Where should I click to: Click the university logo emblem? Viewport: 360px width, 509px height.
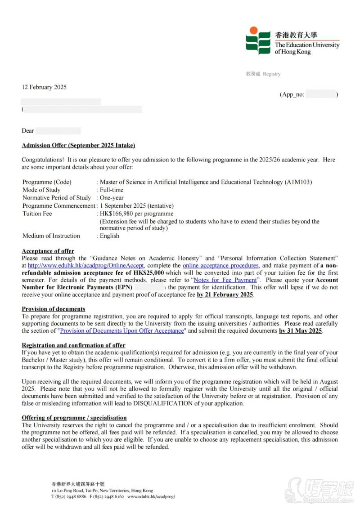[x=258, y=40]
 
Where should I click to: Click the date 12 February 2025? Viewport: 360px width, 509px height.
[x=44, y=87]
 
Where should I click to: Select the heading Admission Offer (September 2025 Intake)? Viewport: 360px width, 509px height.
[x=78, y=145]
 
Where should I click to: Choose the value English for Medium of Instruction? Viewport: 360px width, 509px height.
[x=109, y=236]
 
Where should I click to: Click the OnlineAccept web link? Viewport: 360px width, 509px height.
[x=85, y=266]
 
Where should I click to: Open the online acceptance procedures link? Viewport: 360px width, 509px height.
[x=220, y=266]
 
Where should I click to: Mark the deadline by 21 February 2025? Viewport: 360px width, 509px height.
[x=225, y=295]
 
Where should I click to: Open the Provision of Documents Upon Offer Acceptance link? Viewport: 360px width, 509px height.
[x=122, y=330]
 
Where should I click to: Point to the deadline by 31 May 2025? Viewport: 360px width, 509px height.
[x=301, y=330]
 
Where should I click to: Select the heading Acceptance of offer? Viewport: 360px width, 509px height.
[x=48, y=251]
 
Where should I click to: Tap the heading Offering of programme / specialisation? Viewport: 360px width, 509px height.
[x=74, y=418]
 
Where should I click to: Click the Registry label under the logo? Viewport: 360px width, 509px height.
[x=271, y=74]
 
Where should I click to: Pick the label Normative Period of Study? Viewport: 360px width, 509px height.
[x=57, y=198]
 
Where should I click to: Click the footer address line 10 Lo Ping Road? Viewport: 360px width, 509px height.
[x=102, y=491]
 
